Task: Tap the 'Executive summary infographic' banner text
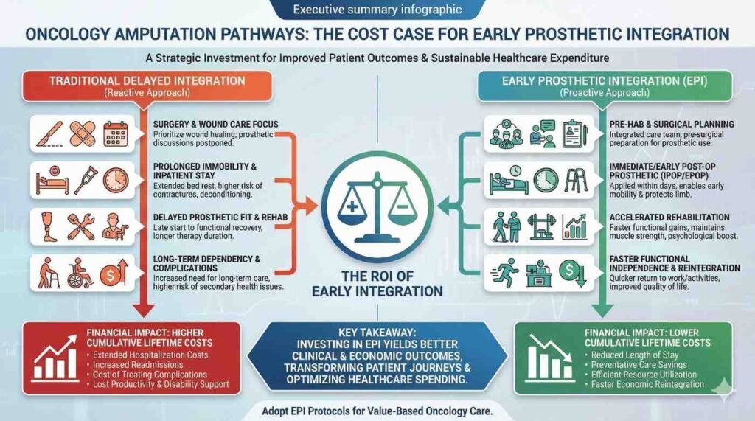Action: tap(377, 10)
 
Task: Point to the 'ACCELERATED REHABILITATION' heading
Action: tap(669, 218)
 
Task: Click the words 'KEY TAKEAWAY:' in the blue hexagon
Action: tap(377, 333)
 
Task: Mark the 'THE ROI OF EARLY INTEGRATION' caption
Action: tap(377, 283)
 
